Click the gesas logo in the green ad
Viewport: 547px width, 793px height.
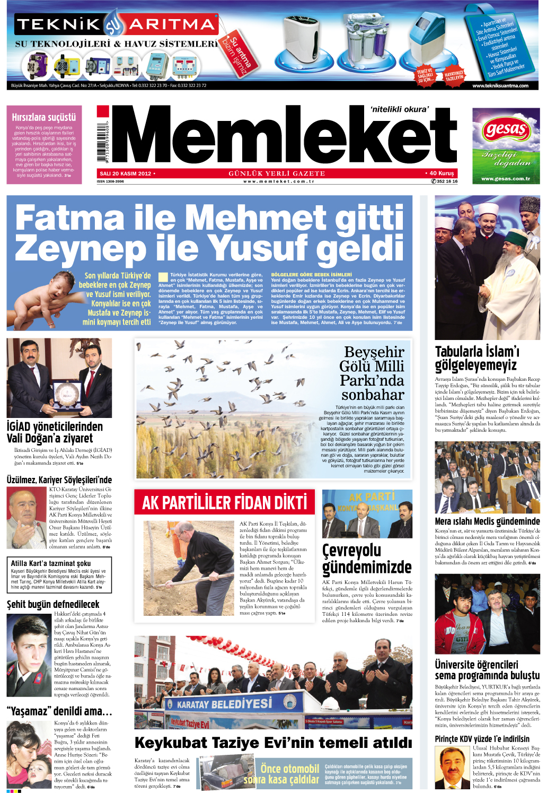pos(506,129)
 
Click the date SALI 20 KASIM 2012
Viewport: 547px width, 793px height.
pos(126,173)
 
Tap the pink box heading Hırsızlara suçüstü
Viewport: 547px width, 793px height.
pos(44,117)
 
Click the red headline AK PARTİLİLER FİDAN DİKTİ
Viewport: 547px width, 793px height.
pos(225,502)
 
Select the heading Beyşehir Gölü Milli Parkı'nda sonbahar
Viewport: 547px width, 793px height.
pos(372,373)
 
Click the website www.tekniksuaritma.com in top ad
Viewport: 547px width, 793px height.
pos(500,85)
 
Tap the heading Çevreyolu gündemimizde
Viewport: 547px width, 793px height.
pos(367,559)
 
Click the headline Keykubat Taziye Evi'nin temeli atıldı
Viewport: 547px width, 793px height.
pos(273,743)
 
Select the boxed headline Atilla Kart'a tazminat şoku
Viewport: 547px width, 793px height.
pos(51,563)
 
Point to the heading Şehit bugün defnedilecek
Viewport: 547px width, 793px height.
pos(53,604)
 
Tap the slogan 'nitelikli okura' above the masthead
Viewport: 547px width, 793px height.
pos(399,109)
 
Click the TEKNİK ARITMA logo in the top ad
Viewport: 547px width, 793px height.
pos(116,24)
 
